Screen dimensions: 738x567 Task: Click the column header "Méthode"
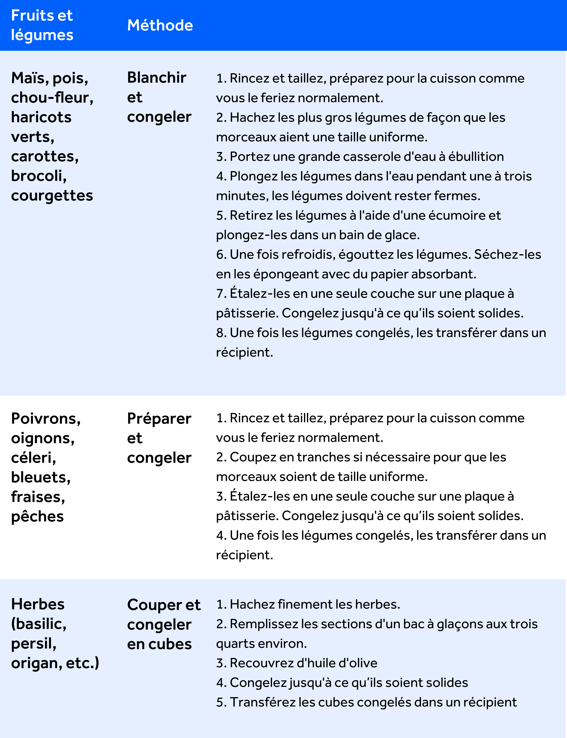coord(160,25)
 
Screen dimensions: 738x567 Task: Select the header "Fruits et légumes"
coord(42,25)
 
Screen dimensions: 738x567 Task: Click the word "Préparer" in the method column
coord(159,419)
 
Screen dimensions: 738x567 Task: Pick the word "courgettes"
coord(52,196)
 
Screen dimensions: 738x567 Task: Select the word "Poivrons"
coord(45,419)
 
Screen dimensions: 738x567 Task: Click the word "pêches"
coord(37,516)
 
